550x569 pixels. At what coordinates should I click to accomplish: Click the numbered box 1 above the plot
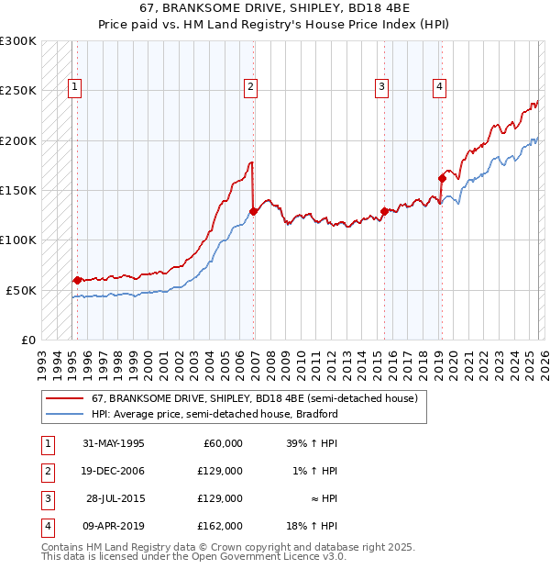click(74, 87)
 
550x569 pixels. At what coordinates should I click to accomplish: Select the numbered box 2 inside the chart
click(250, 87)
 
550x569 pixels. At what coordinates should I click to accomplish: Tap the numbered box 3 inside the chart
click(380, 87)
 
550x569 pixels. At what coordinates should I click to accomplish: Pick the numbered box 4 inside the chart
click(440, 87)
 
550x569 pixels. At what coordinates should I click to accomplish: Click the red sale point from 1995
click(77, 280)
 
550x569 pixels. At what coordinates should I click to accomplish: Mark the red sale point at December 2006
click(253, 211)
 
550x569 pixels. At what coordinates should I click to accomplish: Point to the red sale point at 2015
click(384, 211)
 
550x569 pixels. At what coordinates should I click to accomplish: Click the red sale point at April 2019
click(442, 179)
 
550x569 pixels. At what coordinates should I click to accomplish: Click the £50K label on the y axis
click(21, 290)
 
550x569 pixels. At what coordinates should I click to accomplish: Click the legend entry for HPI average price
click(214, 414)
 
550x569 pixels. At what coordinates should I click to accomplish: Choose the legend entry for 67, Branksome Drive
click(254, 398)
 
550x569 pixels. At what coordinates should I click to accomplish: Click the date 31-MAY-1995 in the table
click(114, 443)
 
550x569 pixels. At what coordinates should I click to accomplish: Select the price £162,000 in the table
click(220, 526)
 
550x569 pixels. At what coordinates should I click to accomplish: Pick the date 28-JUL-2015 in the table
click(115, 498)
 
